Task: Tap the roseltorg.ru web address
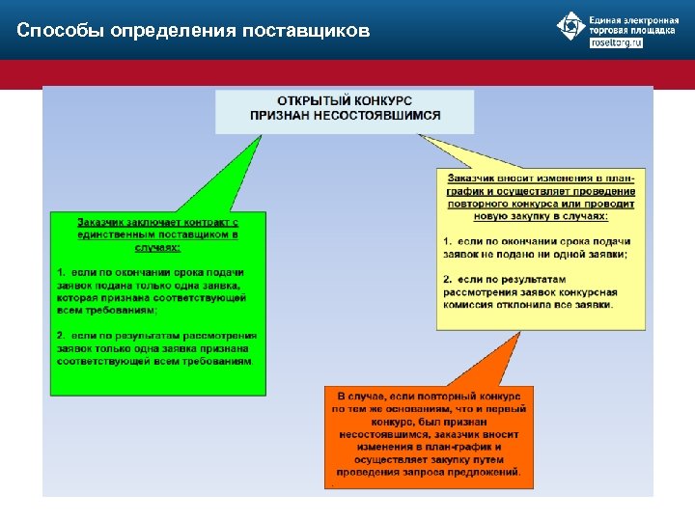(616, 43)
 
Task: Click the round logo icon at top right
(571, 26)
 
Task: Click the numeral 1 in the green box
(59, 273)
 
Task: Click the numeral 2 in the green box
(59, 336)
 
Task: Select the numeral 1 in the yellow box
(447, 240)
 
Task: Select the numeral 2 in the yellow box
(447, 279)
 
